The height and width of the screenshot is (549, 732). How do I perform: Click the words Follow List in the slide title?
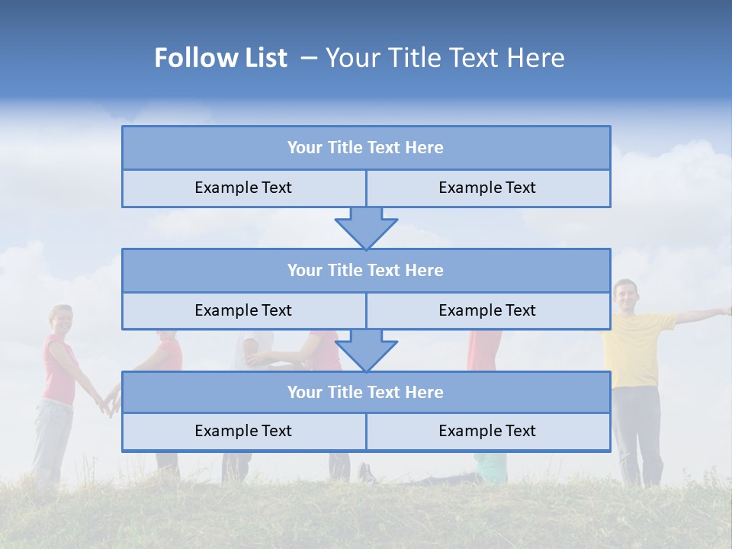[220, 58]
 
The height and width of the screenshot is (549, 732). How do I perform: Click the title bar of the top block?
[365, 148]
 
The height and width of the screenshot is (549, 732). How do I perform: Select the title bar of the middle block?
[365, 270]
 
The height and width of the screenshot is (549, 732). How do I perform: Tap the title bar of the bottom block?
[365, 392]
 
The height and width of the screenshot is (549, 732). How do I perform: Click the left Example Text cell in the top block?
[243, 188]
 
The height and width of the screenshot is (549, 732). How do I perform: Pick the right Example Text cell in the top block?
[487, 188]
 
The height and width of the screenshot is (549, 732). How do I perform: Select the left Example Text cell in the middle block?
[243, 310]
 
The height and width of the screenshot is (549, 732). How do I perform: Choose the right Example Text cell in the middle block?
[487, 310]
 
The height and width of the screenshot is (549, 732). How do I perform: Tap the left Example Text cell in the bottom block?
[243, 431]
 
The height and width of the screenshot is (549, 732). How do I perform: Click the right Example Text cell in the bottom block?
[487, 431]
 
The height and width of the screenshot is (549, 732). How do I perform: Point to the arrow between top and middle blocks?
[366, 227]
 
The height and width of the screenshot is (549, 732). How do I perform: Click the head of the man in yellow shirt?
[625, 295]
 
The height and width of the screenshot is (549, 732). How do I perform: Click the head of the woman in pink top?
[61, 320]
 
